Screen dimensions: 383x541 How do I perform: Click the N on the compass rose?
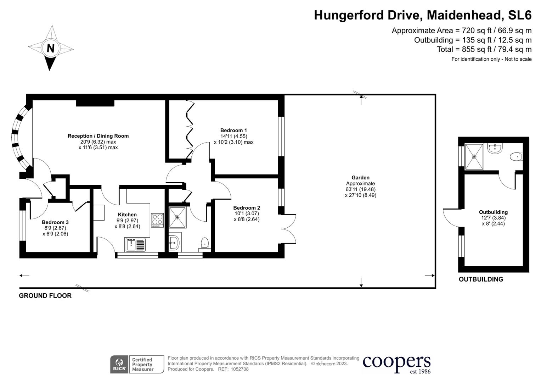coord(51,48)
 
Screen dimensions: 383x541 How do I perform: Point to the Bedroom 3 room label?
coord(55,222)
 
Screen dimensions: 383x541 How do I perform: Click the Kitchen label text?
coord(127,215)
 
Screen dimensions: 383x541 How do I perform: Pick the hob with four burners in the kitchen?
coord(157,220)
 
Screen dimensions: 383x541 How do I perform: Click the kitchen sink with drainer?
coord(135,244)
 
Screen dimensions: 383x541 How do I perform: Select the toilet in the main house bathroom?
coord(205,243)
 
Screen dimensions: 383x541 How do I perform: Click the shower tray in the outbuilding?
coord(474,156)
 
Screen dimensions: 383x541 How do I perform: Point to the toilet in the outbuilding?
coord(516,156)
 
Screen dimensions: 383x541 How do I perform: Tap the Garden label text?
coord(360,178)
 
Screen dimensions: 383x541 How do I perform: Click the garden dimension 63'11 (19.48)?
coord(360,189)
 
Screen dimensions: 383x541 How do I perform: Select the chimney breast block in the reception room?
coord(95,103)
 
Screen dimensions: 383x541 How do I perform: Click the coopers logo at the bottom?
coord(396,364)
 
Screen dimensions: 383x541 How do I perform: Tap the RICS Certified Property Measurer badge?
coord(137,364)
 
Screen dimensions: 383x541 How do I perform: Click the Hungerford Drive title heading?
coord(422,15)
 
